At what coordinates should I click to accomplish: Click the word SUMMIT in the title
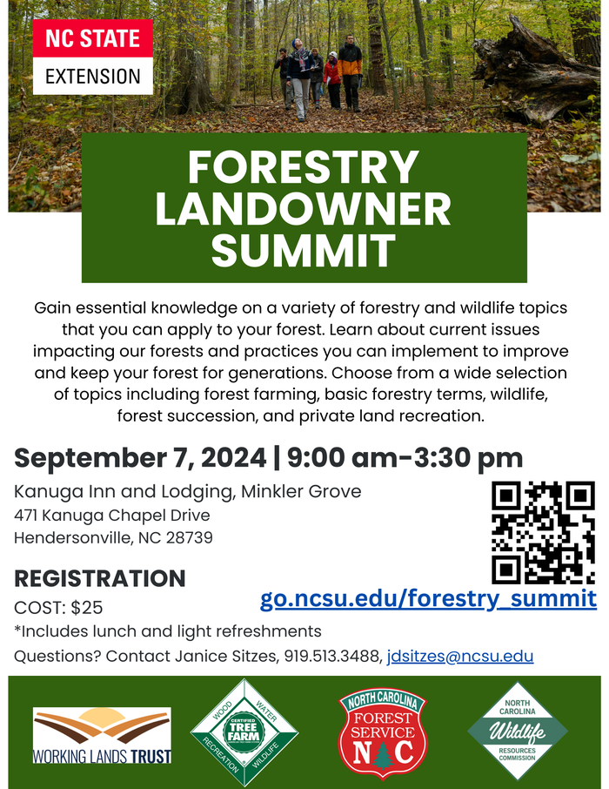(x=303, y=251)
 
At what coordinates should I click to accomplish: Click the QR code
(x=543, y=532)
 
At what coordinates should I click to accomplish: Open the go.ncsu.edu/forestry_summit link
(x=428, y=598)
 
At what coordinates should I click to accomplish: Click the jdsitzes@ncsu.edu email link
(x=460, y=656)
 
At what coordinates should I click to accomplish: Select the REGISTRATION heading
(x=100, y=578)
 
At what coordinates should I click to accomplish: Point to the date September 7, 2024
(x=139, y=458)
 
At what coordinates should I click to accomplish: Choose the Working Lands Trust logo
(x=102, y=735)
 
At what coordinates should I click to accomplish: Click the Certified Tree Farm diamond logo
(x=244, y=732)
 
